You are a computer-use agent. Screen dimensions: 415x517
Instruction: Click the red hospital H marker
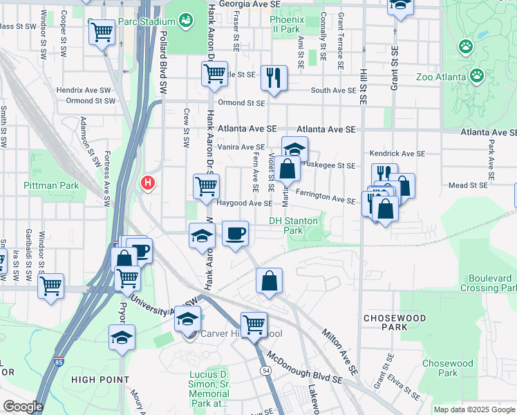pyautogui.click(x=147, y=183)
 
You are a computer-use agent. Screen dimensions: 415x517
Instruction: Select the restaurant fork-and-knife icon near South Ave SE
pyautogui.click(x=274, y=77)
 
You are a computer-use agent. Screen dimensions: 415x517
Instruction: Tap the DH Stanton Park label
pyautogui.click(x=294, y=225)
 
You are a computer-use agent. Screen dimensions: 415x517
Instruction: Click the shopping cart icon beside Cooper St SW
pyautogui.click(x=102, y=32)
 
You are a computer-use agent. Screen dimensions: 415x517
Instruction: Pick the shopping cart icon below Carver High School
pyautogui.click(x=254, y=324)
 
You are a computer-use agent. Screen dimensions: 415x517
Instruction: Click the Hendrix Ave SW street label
pyautogui.click(x=84, y=90)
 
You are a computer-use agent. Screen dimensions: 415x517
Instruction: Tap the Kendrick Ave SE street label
pyautogui.click(x=397, y=153)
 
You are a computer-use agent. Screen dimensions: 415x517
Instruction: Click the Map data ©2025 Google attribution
pyautogui.click(x=474, y=409)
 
